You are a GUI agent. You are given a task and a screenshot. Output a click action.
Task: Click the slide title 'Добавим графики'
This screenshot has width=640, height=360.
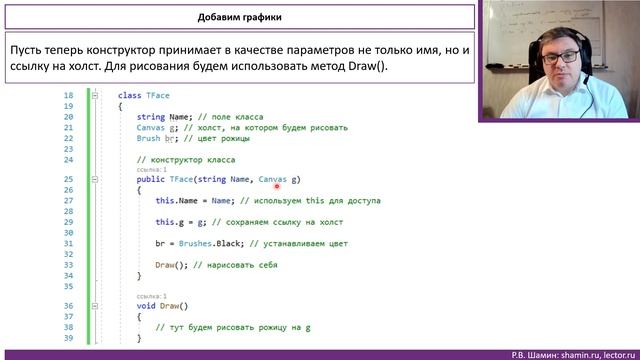(x=240, y=17)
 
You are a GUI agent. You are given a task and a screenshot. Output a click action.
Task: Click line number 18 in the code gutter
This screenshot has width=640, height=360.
(x=68, y=95)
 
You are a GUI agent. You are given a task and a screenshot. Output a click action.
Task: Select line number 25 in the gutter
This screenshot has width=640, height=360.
(x=68, y=180)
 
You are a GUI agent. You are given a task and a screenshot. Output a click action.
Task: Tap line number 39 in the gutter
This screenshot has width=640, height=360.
(x=68, y=338)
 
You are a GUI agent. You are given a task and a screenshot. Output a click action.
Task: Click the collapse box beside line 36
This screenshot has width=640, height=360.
(x=95, y=306)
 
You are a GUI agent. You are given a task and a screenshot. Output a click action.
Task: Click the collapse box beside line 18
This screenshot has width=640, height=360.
(x=95, y=95)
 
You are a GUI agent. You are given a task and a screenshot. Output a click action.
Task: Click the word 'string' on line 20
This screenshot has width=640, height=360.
(x=151, y=116)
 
